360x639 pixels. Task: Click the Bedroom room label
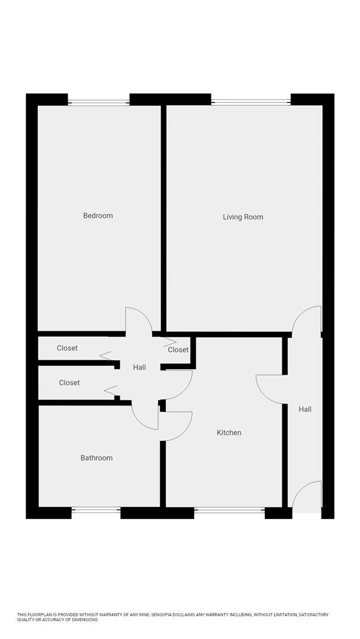98,215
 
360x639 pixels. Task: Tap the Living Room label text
243,217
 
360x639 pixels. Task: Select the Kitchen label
229,433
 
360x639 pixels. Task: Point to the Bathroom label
97,457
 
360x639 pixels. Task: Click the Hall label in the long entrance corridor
305,409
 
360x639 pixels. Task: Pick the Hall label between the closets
139,367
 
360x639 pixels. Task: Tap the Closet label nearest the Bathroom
69,383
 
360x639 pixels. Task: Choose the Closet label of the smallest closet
178,350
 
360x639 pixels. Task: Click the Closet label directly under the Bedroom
67,348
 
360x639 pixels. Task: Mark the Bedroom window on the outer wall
98,101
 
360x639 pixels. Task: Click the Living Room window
251,101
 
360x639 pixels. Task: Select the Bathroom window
96,510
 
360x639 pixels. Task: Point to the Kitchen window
229,510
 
